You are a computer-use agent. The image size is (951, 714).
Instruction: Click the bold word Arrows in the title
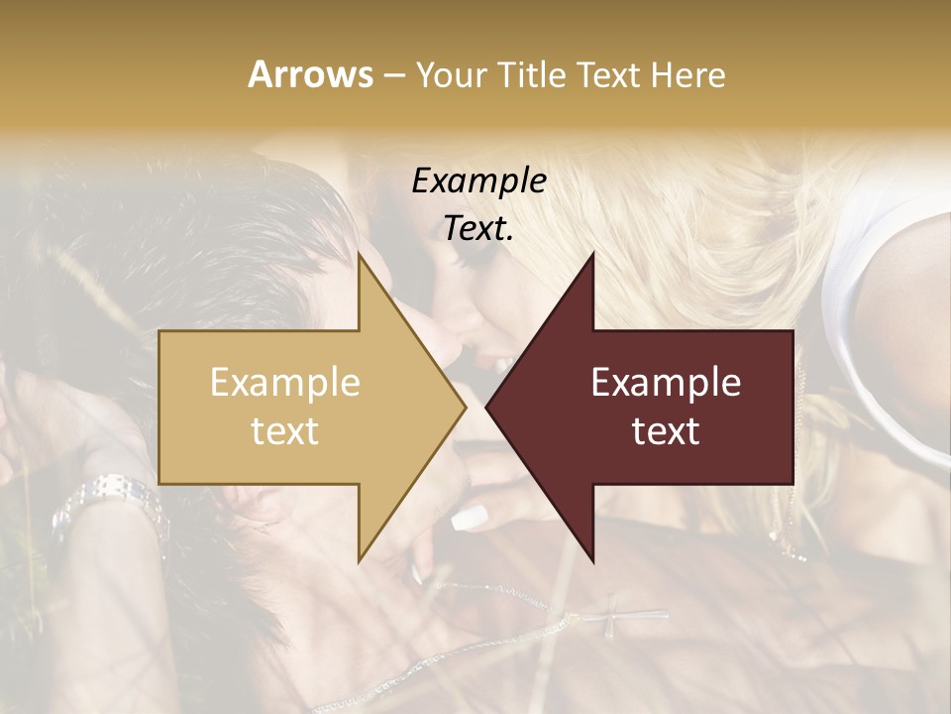[x=311, y=74]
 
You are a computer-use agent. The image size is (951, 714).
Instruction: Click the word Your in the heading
[x=451, y=75]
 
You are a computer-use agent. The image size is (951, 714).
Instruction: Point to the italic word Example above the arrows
[x=479, y=181]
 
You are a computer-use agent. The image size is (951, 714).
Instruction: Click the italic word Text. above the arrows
[x=479, y=228]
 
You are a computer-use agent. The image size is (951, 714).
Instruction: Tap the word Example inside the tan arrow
[x=285, y=383]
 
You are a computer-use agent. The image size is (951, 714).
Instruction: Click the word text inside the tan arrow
[x=285, y=431]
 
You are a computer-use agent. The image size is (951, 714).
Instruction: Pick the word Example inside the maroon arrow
[x=666, y=383]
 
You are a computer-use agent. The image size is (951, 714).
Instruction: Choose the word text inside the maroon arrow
[x=666, y=431]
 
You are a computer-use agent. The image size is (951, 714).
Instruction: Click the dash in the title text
[x=393, y=75]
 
